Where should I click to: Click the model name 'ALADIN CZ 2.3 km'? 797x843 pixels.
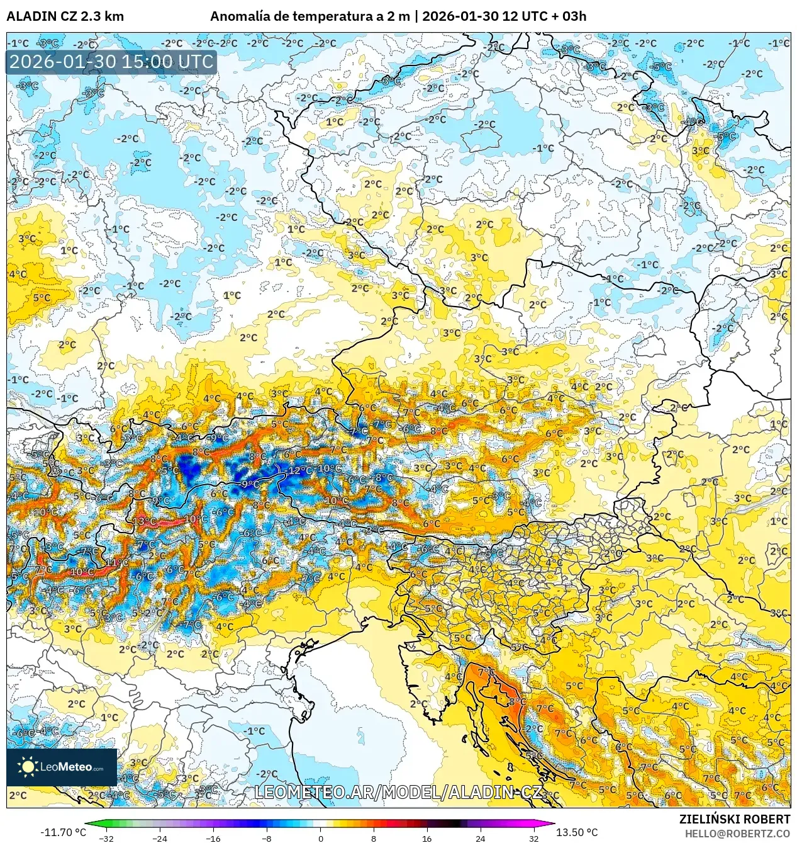click(x=65, y=16)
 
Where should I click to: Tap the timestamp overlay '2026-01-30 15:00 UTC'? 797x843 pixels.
click(x=111, y=62)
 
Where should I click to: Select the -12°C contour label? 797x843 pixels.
click(x=297, y=471)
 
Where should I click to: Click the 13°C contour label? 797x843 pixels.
click(x=144, y=521)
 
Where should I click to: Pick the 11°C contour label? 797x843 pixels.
click(x=117, y=562)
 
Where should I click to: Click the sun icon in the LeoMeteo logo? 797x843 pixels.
click(x=28, y=766)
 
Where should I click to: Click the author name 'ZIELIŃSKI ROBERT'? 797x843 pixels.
click(x=735, y=819)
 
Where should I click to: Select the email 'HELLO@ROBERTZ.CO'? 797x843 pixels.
click(x=737, y=834)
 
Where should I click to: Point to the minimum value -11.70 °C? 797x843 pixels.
click(x=63, y=832)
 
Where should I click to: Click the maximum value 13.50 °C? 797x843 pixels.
click(x=577, y=832)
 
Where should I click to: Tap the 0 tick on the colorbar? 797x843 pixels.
click(x=320, y=838)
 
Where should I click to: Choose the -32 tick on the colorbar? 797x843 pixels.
click(x=106, y=838)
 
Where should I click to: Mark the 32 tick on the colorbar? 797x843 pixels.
click(x=533, y=838)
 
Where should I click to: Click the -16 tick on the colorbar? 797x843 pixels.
click(x=213, y=838)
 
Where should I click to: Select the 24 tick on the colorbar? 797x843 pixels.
click(x=481, y=838)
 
